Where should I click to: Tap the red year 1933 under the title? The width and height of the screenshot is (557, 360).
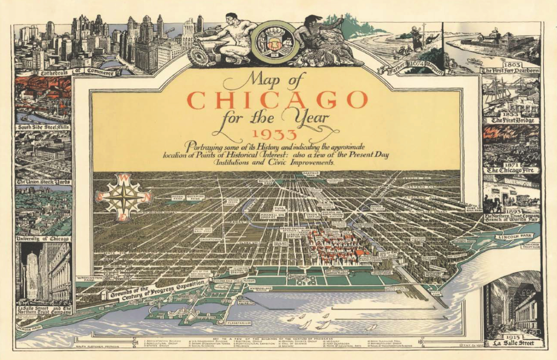tap(274, 134)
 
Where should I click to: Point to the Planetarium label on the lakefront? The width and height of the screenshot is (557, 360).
tap(239, 323)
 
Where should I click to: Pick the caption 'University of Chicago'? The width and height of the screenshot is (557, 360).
tap(43, 239)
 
